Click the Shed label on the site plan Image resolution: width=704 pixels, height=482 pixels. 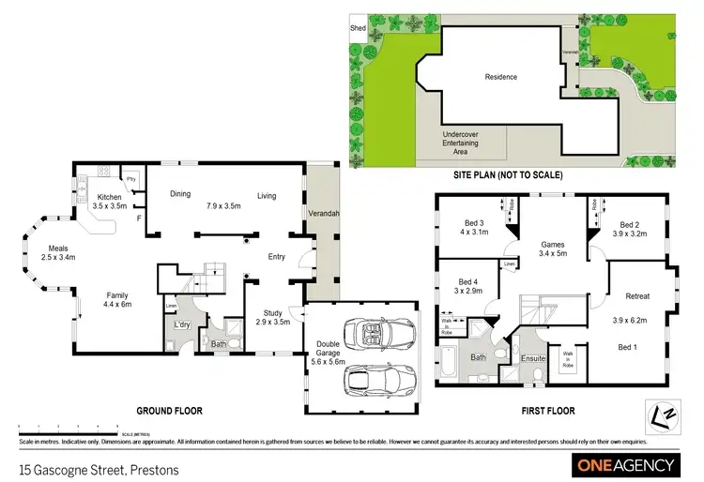tap(358, 29)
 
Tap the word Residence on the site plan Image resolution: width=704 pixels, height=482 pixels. tap(500, 77)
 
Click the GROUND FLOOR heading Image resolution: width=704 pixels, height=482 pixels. tap(171, 410)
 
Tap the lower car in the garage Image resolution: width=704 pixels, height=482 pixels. tap(373, 379)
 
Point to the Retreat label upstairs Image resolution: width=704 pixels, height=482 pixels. tap(638, 296)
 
